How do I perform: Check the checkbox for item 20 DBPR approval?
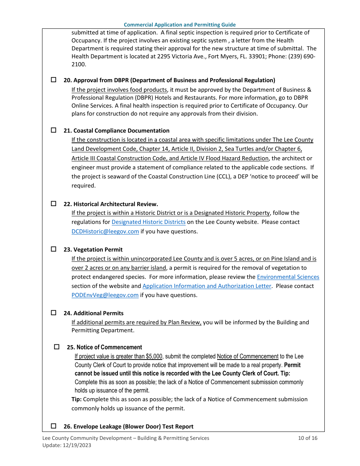pyautogui.click(x=53, y=80)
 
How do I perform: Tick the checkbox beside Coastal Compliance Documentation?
pyautogui.click(x=53, y=130)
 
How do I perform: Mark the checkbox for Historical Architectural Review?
pyautogui.click(x=53, y=203)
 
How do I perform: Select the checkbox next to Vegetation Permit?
pyautogui.click(x=53, y=249)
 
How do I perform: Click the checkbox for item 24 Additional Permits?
pyautogui.click(x=53, y=313)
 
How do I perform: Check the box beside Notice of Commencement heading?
pyautogui.click(x=57, y=347)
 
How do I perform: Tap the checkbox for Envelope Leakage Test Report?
pyautogui.click(x=53, y=426)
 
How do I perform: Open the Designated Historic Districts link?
pyautogui.click(x=148, y=222)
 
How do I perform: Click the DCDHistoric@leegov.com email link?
pyautogui.click(x=105, y=231)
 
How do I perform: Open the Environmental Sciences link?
pyautogui.click(x=288, y=277)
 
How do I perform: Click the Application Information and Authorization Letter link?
pyautogui.click(x=207, y=286)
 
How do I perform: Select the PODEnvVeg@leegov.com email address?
pyautogui.click(x=105, y=295)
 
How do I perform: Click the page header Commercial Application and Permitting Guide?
pyautogui.click(x=180, y=25)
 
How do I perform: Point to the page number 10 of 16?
pyautogui.click(x=307, y=438)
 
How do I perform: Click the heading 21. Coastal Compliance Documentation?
pyautogui.click(x=116, y=131)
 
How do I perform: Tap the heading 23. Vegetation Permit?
pyautogui.click(x=93, y=250)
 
